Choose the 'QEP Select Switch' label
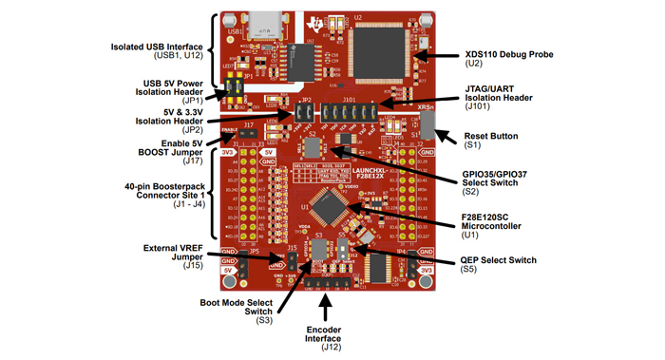(x=500, y=259)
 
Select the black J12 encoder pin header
(x=329, y=282)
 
